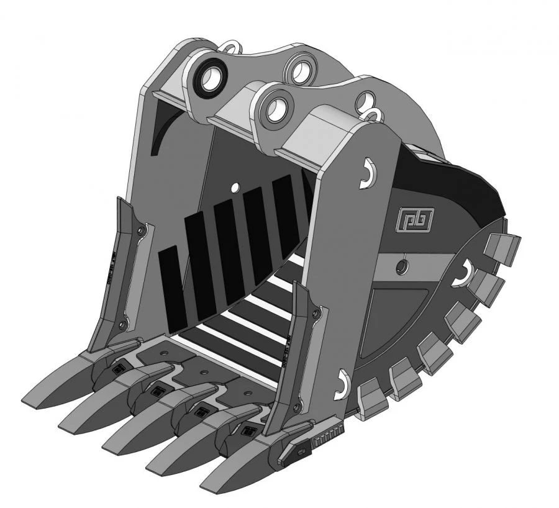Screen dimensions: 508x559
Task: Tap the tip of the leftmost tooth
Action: click(x=31, y=398)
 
